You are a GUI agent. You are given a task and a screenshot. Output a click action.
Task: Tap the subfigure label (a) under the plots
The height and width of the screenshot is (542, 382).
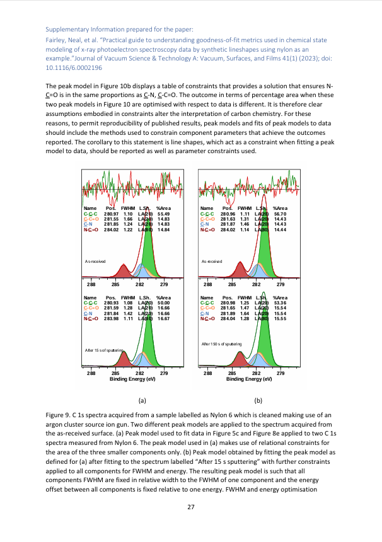(x=142, y=400)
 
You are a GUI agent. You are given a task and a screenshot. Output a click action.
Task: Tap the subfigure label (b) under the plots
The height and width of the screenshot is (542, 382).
(x=258, y=400)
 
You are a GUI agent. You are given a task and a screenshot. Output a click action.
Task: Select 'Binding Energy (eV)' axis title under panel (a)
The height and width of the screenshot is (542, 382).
(x=132, y=379)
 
